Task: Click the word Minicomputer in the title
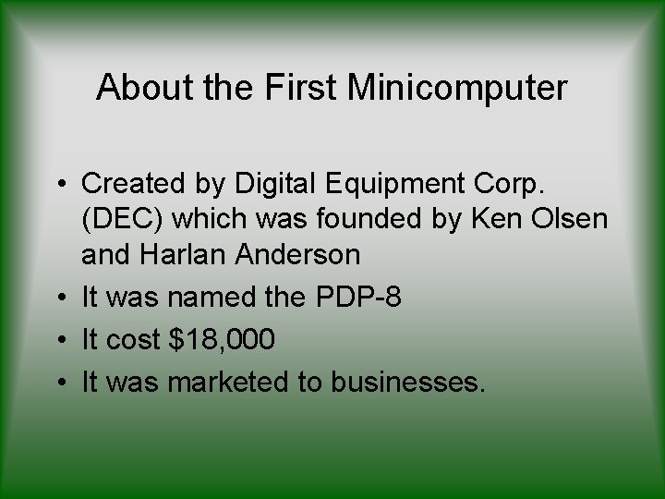pos(457,88)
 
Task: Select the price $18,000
pos(223,340)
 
